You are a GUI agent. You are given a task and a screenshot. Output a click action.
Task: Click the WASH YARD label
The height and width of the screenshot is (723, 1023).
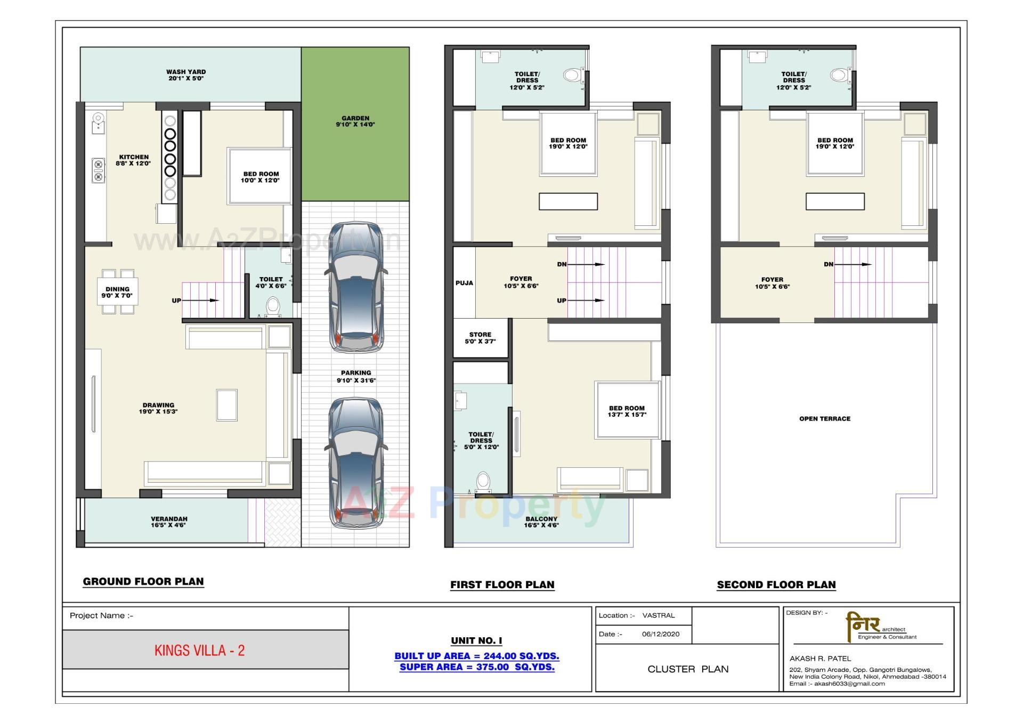point(185,75)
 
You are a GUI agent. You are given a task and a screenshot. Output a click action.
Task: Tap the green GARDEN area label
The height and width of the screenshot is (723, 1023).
point(355,121)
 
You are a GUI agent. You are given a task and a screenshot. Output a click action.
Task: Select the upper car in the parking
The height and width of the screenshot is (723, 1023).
point(355,288)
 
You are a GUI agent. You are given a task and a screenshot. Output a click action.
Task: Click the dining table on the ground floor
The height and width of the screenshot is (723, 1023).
point(117,292)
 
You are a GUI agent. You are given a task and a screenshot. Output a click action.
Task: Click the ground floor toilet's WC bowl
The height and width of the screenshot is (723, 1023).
point(273,306)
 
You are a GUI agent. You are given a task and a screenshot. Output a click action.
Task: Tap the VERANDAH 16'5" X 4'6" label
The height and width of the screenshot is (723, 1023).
point(169,522)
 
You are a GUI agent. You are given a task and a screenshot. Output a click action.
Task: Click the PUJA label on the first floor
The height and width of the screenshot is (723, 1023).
point(464,283)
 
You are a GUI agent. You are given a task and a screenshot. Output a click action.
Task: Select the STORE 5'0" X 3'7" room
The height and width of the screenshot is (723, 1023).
point(480,338)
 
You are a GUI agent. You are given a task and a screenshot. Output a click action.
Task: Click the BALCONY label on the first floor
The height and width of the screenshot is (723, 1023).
point(541,522)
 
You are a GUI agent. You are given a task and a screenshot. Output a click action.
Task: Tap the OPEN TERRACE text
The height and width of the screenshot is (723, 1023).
point(825,419)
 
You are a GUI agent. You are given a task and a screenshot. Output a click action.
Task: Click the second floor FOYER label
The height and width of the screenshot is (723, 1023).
point(772,283)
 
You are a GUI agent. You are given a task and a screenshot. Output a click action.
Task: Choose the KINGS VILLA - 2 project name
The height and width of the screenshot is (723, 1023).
point(200,651)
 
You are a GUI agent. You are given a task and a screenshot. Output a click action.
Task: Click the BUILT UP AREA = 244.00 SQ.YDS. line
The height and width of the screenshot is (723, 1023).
point(477,656)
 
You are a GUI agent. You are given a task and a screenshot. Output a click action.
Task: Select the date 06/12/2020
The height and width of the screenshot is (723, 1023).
point(661,634)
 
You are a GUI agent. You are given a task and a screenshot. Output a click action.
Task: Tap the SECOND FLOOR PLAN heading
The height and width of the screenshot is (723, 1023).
point(776,585)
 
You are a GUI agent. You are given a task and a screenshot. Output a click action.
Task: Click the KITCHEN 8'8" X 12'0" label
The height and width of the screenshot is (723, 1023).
point(134,160)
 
